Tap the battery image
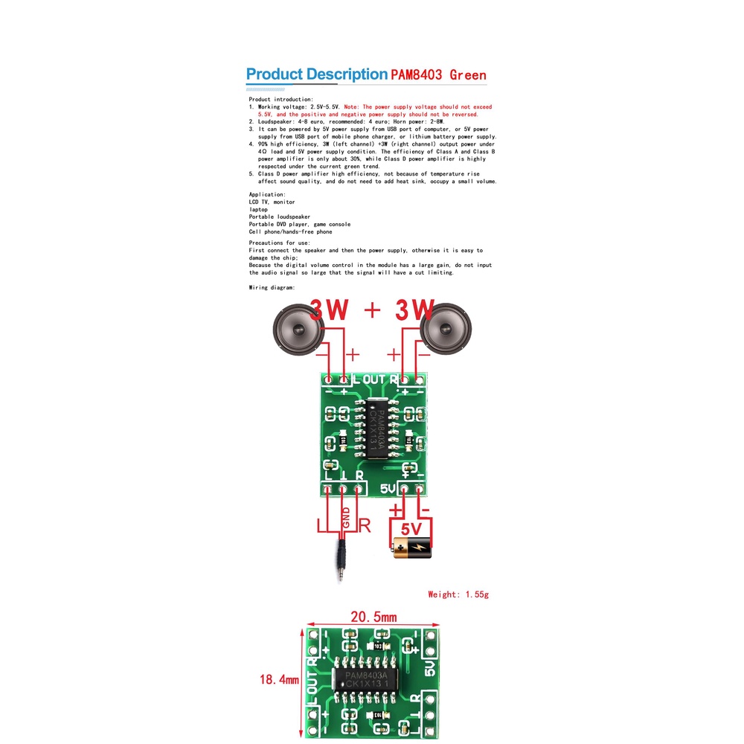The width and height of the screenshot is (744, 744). click(x=411, y=550)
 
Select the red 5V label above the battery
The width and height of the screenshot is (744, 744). click(x=411, y=529)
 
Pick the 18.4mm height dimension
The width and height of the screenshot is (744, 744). click(x=279, y=679)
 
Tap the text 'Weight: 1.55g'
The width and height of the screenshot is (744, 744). click(x=458, y=594)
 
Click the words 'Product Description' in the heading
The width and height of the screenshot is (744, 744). click(x=316, y=74)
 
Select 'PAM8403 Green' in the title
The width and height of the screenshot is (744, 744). click(x=438, y=75)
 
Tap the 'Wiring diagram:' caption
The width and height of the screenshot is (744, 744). click(x=272, y=287)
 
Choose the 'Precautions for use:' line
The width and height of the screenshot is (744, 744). click(x=280, y=243)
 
